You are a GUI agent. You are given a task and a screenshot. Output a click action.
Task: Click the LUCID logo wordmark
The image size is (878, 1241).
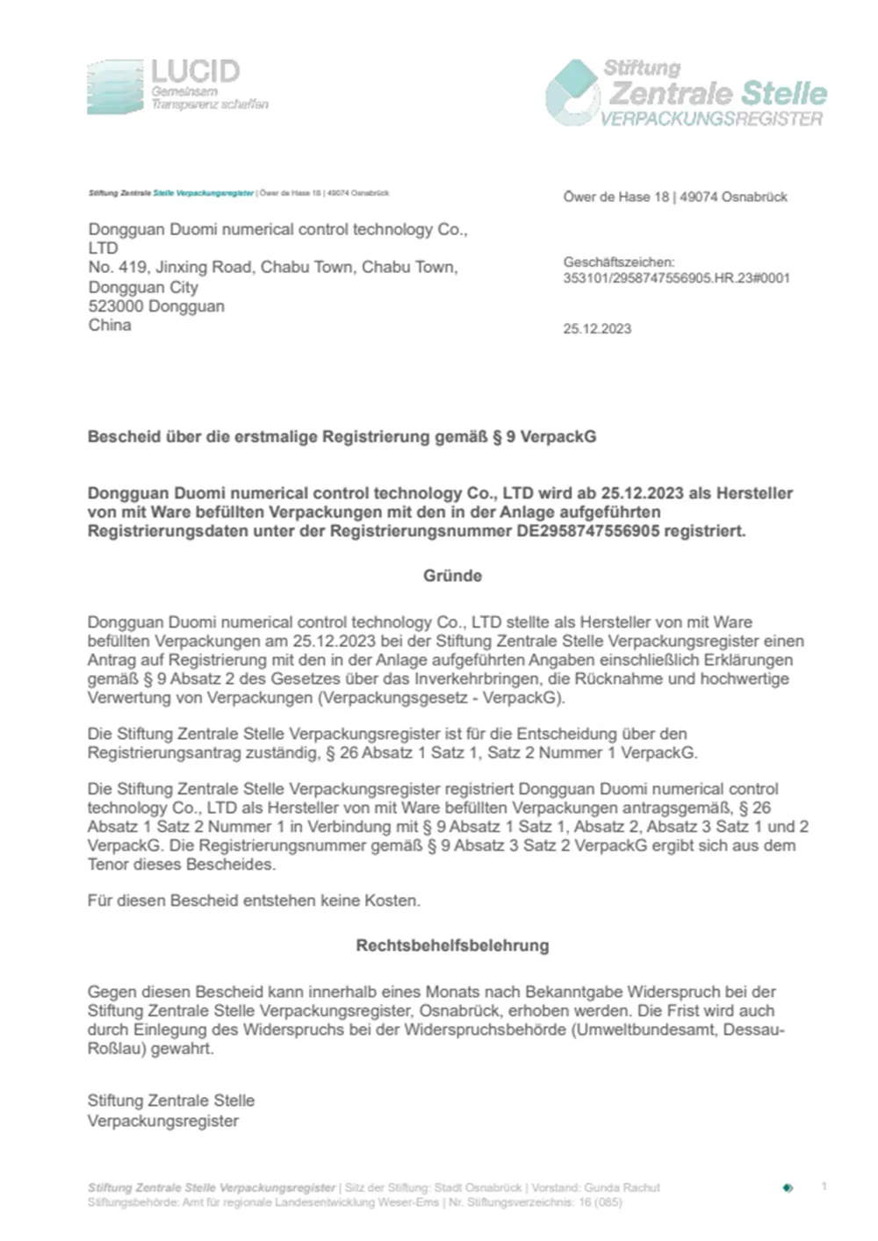(195, 71)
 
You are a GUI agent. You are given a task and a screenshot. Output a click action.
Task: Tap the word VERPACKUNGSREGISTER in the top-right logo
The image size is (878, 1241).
(711, 118)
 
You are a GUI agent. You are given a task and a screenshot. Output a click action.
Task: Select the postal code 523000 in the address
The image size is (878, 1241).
(116, 306)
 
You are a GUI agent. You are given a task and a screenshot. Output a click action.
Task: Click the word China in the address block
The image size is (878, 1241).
(110, 325)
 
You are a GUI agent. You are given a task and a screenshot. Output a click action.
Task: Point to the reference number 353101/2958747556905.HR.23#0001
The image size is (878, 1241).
(676, 278)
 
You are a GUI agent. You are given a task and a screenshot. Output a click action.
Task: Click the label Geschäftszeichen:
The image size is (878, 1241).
(619, 262)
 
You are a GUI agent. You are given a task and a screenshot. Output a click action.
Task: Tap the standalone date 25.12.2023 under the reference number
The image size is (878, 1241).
(597, 329)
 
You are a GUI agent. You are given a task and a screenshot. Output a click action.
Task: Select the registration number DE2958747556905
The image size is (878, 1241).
(587, 531)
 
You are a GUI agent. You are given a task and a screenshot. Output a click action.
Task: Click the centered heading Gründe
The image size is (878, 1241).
(452, 576)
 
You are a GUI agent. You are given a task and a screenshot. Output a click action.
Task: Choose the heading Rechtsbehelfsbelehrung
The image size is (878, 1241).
(452, 945)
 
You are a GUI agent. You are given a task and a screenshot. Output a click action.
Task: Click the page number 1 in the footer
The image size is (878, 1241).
(824, 1187)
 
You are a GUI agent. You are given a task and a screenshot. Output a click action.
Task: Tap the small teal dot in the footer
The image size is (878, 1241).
(788, 1187)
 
